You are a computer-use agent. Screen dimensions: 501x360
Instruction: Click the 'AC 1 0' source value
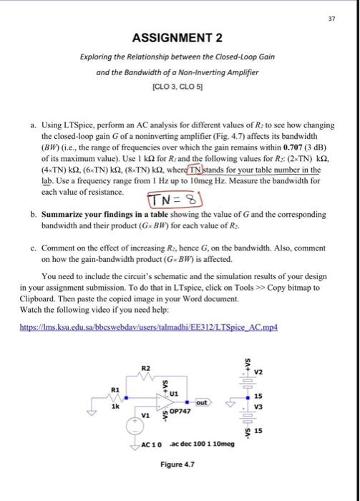tap(149, 444)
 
